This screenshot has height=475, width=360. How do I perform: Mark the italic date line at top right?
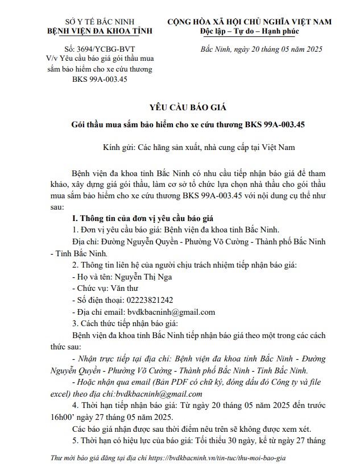[262, 49]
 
